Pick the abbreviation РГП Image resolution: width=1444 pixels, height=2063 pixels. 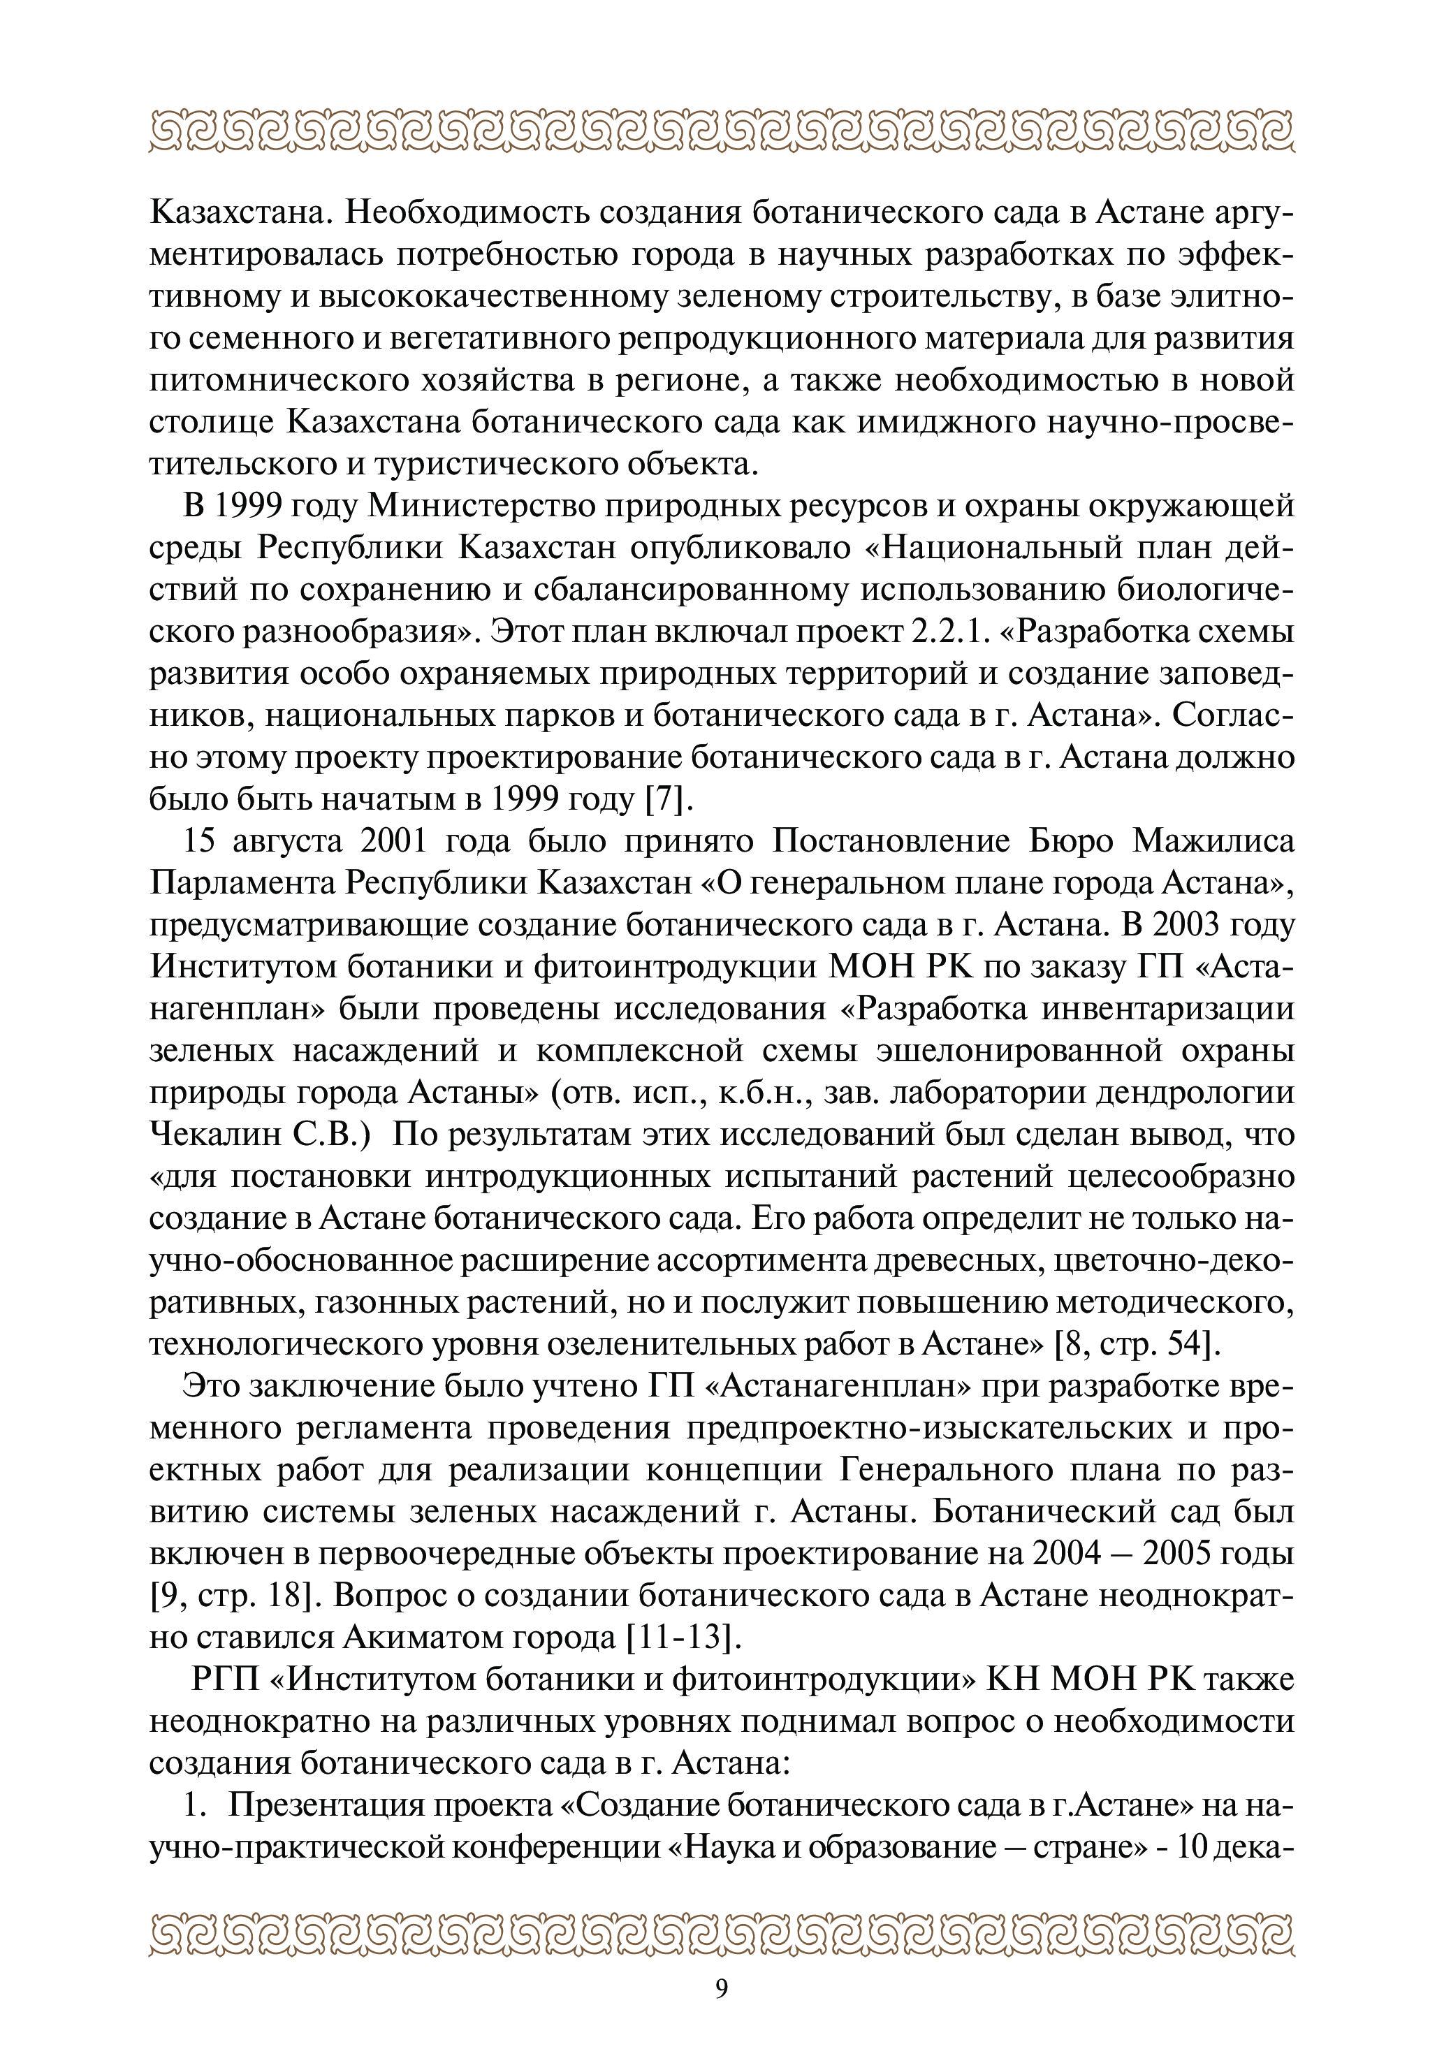(229, 1679)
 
